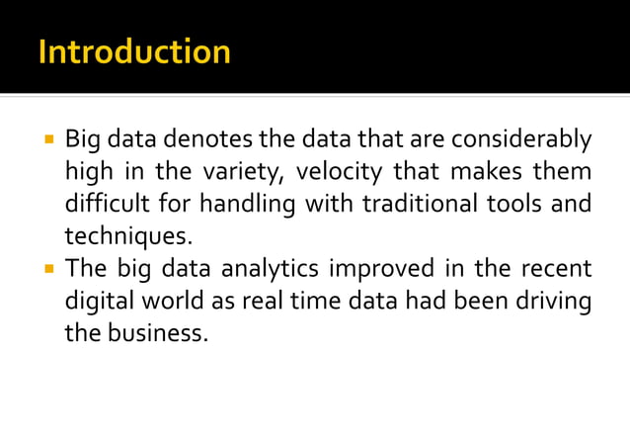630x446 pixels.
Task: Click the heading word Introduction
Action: coord(134,51)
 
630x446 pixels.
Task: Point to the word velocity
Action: coord(339,173)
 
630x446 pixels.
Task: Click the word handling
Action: coord(244,206)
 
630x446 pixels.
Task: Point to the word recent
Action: coord(560,270)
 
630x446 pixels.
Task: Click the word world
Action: coord(169,302)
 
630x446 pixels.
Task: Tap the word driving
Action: coord(556,302)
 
